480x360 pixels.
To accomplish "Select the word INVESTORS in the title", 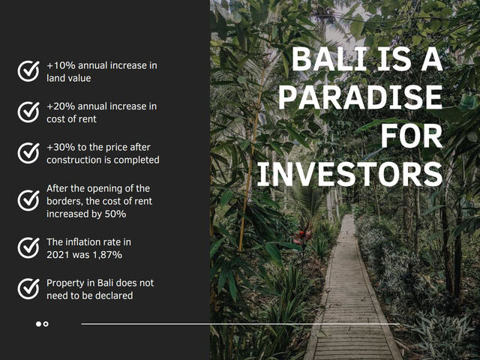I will click(349, 174).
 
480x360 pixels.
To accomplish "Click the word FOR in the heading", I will click(412, 136).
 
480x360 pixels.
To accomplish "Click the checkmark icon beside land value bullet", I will click(28, 71).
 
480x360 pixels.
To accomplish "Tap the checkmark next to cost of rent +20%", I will click(28, 112).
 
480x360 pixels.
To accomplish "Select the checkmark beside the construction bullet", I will click(28, 154).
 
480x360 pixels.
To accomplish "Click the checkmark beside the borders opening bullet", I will click(28, 200).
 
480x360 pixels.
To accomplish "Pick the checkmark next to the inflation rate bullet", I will click(28, 247).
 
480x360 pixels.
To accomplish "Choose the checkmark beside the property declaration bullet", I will click(28, 289).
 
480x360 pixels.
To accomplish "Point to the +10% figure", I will click(58, 65).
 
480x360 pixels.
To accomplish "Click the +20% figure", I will click(58, 106).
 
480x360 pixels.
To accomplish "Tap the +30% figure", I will click(58, 148).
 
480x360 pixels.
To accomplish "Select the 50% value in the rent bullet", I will click(115, 214).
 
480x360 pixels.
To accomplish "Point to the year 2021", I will click(58, 256).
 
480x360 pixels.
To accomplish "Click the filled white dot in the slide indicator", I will click(38, 324).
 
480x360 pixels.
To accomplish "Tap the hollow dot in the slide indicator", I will click(46, 324).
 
